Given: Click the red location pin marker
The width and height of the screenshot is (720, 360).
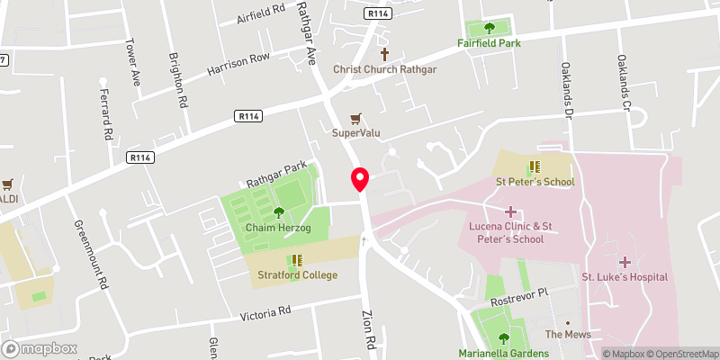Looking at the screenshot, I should [x=360, y=178].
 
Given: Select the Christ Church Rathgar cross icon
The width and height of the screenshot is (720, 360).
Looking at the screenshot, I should [x=384, y=54].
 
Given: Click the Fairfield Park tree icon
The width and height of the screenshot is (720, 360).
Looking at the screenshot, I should [x=490, y=27].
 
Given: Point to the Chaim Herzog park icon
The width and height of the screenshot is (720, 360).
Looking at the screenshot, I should [x=278, y=212].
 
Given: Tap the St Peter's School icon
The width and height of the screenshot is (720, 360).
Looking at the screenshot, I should [x=534, y=166].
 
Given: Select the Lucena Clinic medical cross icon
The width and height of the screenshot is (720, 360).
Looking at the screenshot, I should [x=511, y=212].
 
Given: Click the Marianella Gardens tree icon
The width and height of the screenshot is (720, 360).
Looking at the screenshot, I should [x=501, y=337].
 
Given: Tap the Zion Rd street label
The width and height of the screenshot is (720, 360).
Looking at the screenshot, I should [x=369, y=332].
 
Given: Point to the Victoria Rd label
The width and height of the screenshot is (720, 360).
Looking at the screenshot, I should [x=265, y=314].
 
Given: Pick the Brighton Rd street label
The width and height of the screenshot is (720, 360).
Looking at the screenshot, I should [x=177, y=81].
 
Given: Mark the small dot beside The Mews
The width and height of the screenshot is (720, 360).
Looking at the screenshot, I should [x=567, y=321].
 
